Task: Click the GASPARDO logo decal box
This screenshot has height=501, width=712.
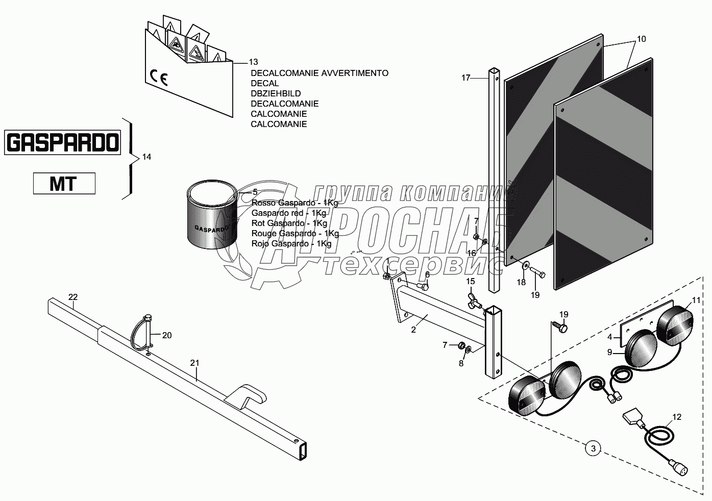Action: coord(62,142)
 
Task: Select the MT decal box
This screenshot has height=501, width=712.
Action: coord(64,184)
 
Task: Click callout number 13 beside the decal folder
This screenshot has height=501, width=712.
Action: coord(253,62)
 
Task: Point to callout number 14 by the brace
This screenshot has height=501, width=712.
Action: coord(146,157)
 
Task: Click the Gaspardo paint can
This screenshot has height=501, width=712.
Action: coord(211,215)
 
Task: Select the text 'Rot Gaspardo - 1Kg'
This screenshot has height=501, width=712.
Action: coord(289,223)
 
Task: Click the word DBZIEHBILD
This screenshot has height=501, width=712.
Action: coord(276,94)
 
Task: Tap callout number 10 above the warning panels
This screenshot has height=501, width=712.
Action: coord(641,39)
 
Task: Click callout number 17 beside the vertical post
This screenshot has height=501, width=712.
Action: coord(465,78)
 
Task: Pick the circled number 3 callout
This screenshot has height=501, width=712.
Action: coord(593,449)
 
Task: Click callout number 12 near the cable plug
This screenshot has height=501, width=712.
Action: coord(676,417)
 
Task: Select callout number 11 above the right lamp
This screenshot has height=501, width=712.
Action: coord(696,299)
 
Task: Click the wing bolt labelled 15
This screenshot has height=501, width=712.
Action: coord(473,302)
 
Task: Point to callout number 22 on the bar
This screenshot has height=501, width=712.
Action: coord(73,297)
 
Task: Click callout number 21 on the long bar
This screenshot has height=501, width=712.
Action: coord(194,363)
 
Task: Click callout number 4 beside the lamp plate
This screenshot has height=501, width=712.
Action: coord(610,337)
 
